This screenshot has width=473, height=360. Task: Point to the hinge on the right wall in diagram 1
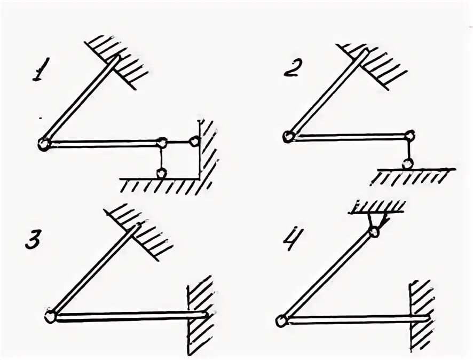point(194,142)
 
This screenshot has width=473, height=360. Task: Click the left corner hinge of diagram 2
point(289,136)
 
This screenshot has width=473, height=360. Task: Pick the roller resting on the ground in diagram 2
point(408,163)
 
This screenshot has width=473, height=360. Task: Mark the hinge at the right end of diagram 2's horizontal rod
point(408,136)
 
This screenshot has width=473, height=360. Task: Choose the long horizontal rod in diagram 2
point(347,136)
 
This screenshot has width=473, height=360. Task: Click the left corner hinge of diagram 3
point(51,315)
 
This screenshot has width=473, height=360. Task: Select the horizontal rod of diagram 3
point(128,316)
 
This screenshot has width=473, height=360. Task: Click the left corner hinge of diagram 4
point(281,320)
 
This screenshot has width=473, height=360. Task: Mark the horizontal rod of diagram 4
point(352,320)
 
